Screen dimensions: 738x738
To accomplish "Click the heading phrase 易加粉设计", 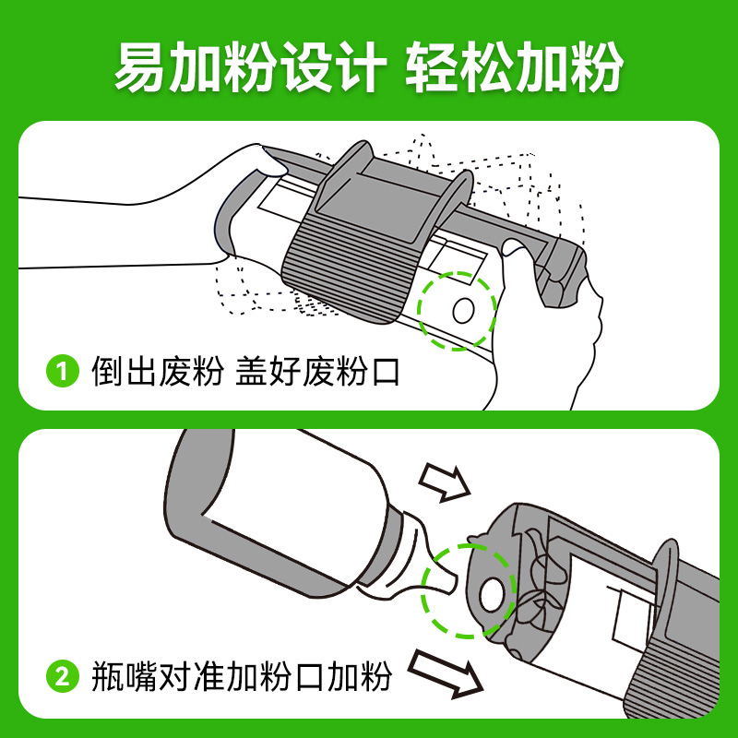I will coord(247,66).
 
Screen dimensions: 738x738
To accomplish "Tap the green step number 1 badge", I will coord(62,374).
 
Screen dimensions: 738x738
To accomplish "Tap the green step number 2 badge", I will coord(62,678).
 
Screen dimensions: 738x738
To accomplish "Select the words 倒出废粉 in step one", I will coord(158,374).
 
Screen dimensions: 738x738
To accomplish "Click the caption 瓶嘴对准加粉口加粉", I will coord(242,678).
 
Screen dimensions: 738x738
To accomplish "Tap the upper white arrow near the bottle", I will coord(444,481).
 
